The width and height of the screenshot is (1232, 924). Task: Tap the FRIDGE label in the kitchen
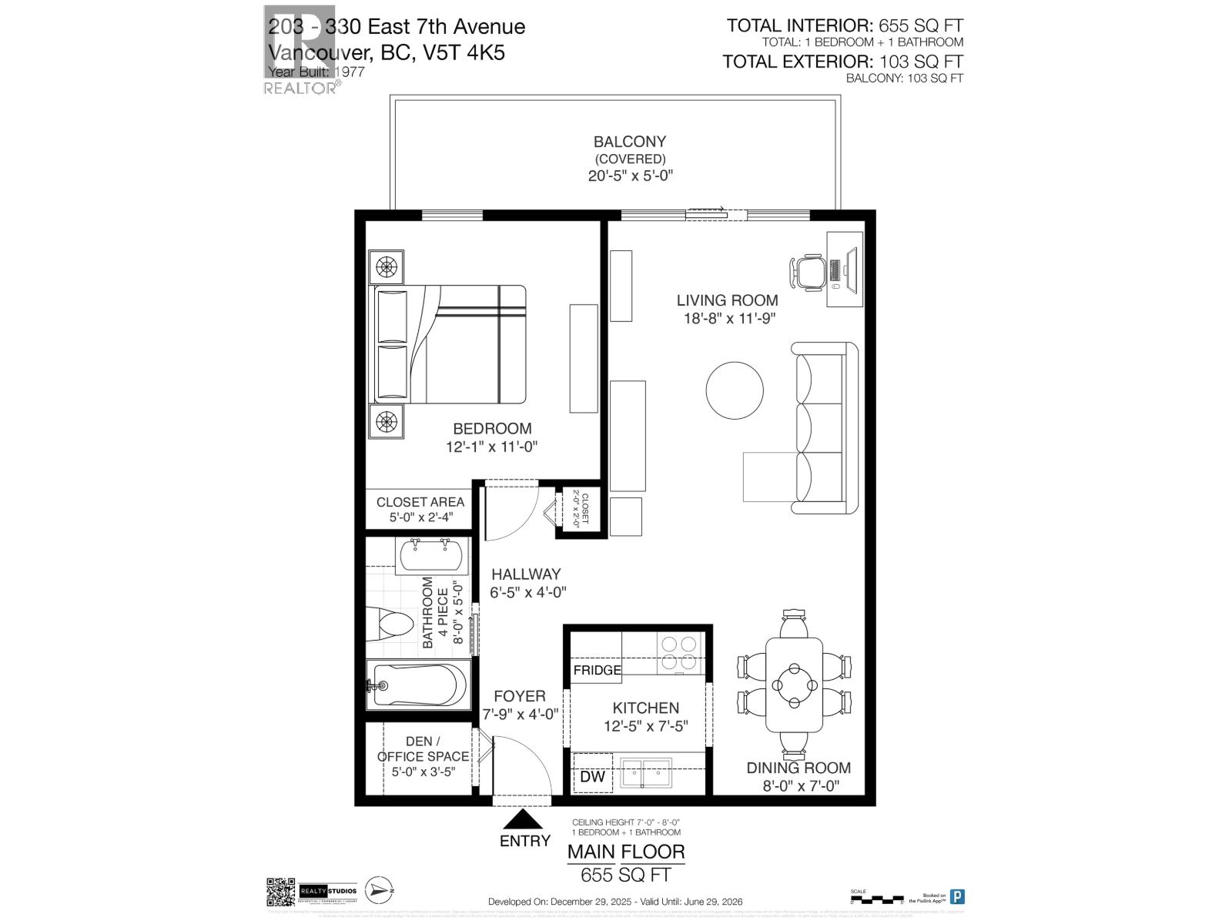coord(597,670)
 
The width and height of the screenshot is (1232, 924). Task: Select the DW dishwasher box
coord(592,776)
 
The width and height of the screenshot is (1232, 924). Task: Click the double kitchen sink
coord(646,772)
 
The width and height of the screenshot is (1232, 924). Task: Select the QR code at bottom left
coord(280,892)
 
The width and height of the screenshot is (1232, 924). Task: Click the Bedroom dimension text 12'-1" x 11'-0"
coord(491,447)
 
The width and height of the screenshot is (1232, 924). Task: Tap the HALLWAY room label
coord(526,574)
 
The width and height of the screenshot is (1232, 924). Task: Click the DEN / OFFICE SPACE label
coord(422,749)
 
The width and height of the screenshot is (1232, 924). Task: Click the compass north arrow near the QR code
coord(379,889)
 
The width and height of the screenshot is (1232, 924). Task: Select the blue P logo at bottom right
coord(957,896)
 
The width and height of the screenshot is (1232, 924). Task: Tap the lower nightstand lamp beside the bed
coord(386,420)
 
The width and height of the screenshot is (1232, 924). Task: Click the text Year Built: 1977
coord(316,72)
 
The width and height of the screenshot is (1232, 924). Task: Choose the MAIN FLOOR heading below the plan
coord(625,852)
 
